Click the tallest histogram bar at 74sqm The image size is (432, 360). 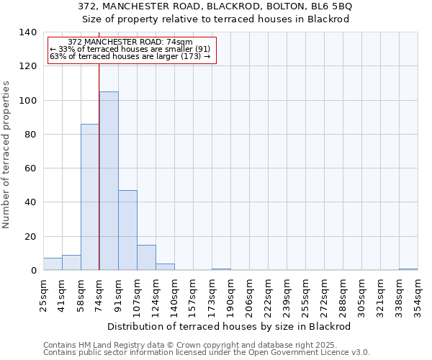[109, 181]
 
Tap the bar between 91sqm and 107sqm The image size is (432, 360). [127, 230]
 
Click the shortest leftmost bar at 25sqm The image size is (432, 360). [53, 264]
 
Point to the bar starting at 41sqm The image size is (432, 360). [71, 263]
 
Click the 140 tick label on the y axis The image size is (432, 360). [27, 32]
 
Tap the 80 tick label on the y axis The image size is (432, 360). [30, 135]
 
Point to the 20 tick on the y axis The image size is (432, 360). [30, 237]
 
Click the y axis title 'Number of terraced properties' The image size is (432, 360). [6, 154]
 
